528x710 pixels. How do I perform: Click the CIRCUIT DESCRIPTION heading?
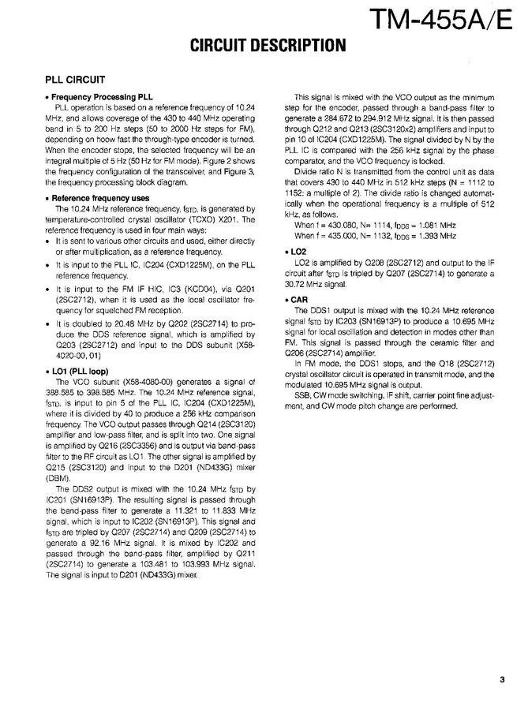point(267,47)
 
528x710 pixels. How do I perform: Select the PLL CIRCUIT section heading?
point(81,80)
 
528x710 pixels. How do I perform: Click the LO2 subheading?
point(300,251)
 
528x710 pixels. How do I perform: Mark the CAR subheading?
point(301,301)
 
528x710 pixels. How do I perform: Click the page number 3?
point(502,677)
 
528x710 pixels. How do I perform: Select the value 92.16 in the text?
point(89,544)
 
